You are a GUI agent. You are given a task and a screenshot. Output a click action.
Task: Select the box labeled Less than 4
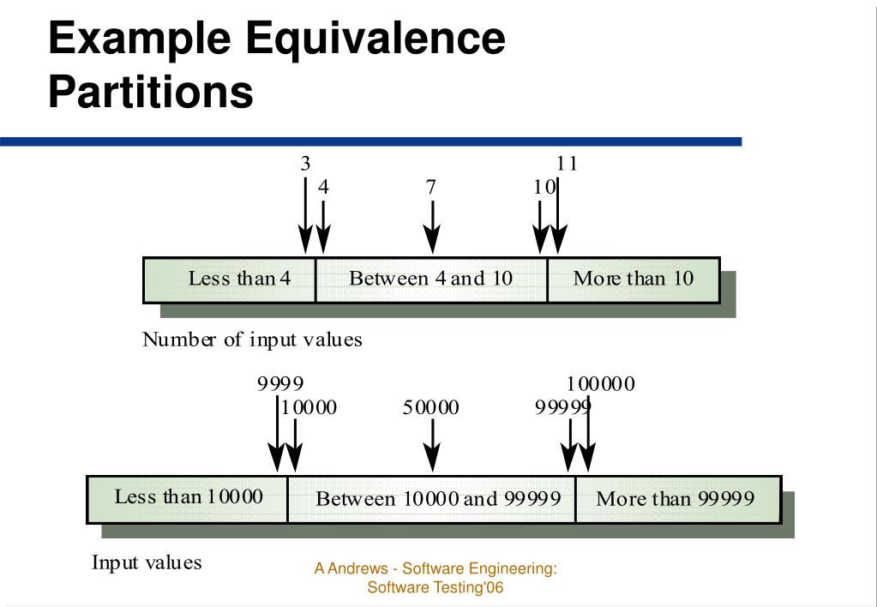pos(229,279)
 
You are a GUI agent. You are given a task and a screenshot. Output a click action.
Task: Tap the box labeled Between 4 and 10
pos(430,279)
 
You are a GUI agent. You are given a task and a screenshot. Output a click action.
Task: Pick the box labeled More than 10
pos(633,279)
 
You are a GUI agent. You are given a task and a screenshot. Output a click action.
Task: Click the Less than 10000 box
pos(188,497)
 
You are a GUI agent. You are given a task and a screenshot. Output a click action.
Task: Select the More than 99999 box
pos(676,499)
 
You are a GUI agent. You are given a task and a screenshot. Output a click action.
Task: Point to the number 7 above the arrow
pos(431,187)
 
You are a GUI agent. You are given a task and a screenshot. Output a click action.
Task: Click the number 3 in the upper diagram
pos(305,164)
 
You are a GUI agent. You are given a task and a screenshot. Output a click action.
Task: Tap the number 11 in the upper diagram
pos(567,164)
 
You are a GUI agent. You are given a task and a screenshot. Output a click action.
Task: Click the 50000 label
pos(431,407)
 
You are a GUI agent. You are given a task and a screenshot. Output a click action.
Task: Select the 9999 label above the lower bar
pos(280,384)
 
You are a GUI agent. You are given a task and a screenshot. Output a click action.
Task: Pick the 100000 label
pos(601,384)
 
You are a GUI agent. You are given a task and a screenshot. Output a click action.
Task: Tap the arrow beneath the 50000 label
pos(432,446)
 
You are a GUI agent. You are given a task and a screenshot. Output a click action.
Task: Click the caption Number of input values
pos(252,340)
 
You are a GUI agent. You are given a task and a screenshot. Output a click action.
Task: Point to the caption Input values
pos(147,563)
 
